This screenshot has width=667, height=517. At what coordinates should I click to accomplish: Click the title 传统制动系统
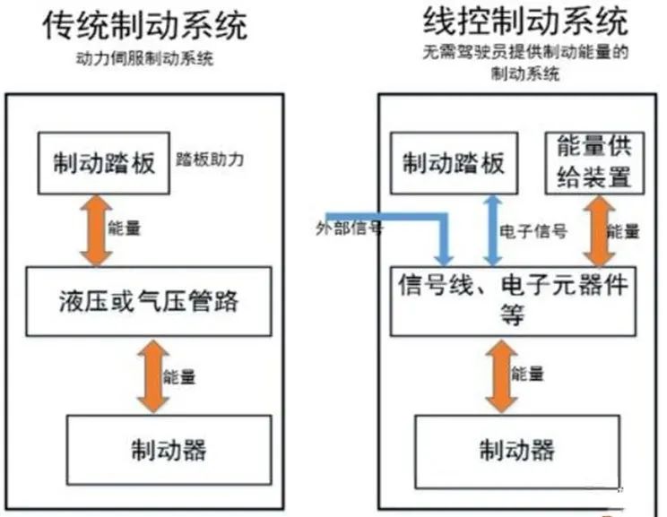[x=145, y=25]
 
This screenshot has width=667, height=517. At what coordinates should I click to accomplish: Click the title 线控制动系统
[x=525, y=22]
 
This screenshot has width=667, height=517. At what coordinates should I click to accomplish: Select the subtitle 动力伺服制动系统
[x=144, y=58]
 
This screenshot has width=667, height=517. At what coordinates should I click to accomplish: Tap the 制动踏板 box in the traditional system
[x=104, y=163]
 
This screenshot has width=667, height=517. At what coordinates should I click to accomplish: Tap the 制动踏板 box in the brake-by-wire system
[x=454, y=163]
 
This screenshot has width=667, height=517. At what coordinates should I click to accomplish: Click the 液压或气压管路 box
[x=149, y=301]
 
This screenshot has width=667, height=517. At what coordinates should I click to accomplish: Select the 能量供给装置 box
[x=594, y=163]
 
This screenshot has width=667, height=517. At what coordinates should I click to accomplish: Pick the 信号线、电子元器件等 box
[x=513, y=301]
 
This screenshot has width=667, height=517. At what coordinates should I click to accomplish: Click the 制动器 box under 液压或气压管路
[x=169, y=450]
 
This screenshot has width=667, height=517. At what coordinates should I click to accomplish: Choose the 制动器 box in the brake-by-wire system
[x=517, y=452]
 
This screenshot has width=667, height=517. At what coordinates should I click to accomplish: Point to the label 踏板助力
[x=210, y=159]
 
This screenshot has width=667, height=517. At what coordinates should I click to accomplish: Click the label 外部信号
[x=350, y=228]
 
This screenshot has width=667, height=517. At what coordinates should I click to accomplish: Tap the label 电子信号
[x=533, y=232]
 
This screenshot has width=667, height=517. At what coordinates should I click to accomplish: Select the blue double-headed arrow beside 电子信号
[x=493, y=230]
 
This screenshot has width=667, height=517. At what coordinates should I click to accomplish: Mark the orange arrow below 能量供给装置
[x=599, y=230]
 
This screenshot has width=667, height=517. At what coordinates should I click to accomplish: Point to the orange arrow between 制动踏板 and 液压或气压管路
[x=96, y=230]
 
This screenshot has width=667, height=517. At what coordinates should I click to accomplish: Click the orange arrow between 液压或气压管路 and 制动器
[x=153, y=375]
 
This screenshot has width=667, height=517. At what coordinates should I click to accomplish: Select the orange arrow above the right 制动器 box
[x=501, y=375]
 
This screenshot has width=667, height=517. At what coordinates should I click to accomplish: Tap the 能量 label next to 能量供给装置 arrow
[x=623, y=232]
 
